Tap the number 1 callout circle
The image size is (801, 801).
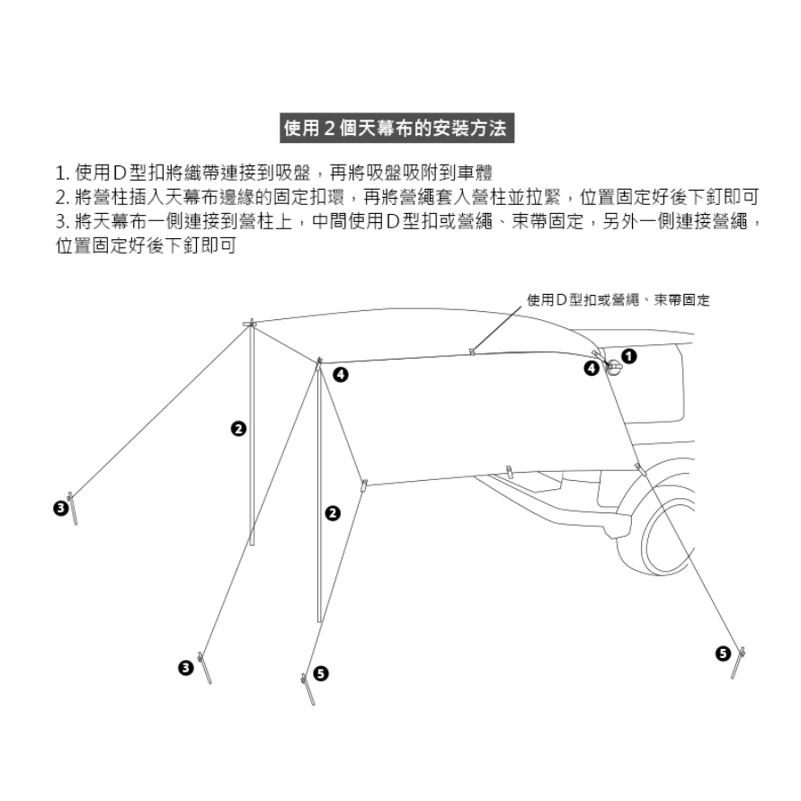[x=629, y=356]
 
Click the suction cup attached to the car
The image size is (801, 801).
[x=614, y=368]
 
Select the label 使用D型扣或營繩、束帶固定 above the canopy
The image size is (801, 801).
[x=618, y=299]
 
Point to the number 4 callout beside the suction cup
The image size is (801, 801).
[x=592, y=368]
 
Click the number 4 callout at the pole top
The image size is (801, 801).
[x=339, y=373]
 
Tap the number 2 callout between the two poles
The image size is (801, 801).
[x=238, y=430]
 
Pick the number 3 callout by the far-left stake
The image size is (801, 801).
[x=58, y=508]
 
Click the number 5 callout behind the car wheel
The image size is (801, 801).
[x=722, y=654]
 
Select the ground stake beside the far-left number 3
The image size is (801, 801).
[x=75, y=510]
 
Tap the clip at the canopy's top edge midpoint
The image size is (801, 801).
[x=472, y=349]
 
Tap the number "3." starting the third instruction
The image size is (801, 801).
[x=62, y=221]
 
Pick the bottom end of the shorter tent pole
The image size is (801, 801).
[x=319, y=620]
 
